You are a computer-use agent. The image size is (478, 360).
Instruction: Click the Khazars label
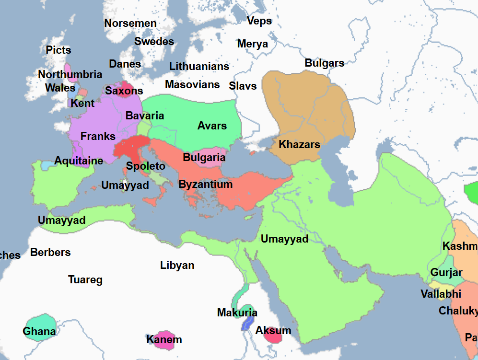click(299, 144)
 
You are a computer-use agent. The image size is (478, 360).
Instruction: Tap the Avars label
click(212, 126)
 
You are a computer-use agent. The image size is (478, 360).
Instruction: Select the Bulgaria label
click(204, 157)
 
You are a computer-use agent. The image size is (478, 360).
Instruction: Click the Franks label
click(98, 136)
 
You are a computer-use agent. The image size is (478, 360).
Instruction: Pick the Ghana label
click(39, 331)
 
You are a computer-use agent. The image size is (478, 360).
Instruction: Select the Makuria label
click(237, 313)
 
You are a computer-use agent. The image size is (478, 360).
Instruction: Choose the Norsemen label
click(130, 23)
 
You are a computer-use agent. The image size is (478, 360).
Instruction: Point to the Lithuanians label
click(199, 66)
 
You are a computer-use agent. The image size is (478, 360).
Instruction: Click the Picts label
click(58, 50)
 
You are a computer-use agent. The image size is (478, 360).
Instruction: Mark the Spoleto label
click(145, 166)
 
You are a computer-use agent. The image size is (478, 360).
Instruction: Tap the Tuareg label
click(85, 279)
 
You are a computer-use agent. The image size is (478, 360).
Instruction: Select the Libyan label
click(177, 265)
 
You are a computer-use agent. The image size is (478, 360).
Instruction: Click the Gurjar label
click(446, 273)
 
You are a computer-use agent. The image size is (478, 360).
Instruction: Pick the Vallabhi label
click(441, 294)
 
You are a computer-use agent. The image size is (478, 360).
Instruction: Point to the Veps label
click(259, 21)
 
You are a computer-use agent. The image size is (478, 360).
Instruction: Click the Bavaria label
click(144, 116)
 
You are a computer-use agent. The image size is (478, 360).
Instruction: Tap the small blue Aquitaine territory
click(47, 165)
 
